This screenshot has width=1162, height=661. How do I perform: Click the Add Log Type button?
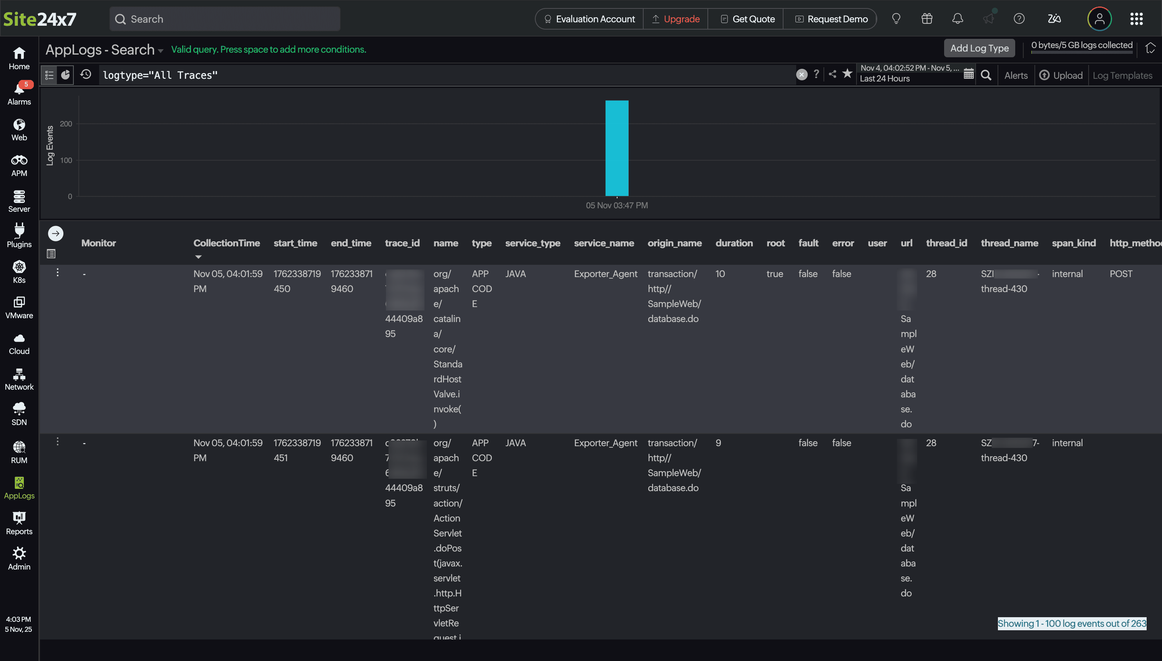coord(979,48)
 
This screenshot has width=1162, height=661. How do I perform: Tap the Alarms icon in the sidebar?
coord(19,93)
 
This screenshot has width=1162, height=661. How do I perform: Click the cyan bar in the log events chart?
coord(617,148)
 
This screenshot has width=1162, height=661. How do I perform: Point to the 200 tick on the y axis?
coord(66,124)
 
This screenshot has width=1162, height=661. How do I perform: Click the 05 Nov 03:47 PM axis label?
coord(616,206)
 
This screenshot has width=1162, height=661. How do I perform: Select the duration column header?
coord(734,243)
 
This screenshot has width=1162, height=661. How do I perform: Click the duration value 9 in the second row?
coord(718,443)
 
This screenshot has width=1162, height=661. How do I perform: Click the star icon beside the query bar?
coord(847,74)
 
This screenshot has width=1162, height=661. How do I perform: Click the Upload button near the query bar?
coord(1061,75)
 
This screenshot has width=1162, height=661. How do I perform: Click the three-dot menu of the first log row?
coord(58,272)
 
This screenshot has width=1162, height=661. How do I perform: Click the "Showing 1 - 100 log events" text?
coord(1072,624)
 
